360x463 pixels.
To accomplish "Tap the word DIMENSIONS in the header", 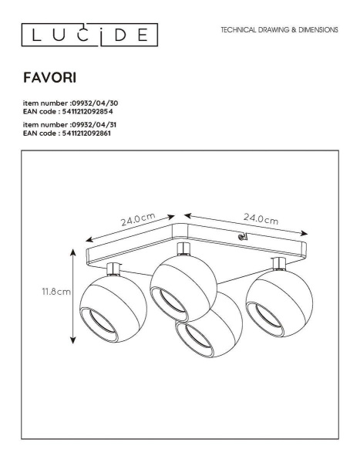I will coord(315,30).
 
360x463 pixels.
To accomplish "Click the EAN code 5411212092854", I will coord(89,111).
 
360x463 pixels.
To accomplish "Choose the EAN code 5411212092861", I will coord(89,133).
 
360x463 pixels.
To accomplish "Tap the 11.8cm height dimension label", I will coord(56,292).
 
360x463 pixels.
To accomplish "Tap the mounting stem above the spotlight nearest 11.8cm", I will coord(113,269).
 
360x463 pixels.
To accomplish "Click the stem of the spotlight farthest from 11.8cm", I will coord(277,264).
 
